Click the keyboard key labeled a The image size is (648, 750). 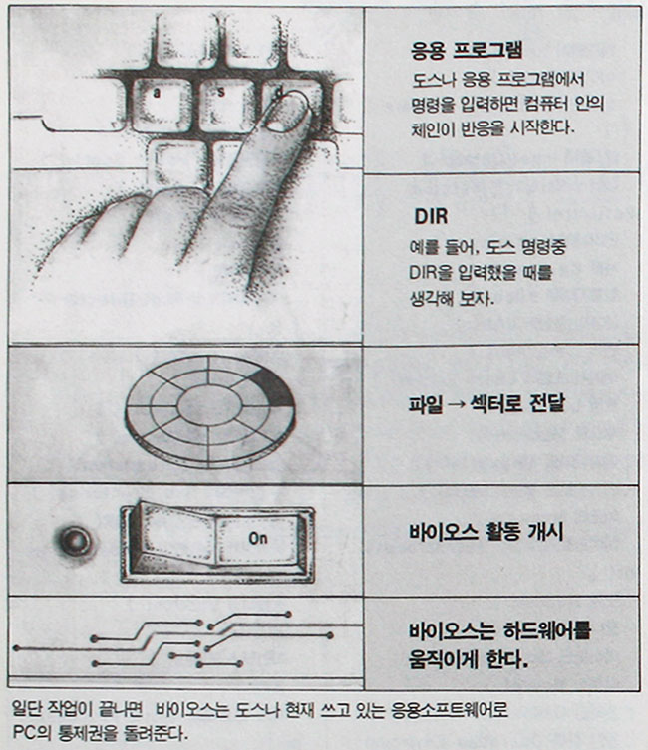tap(161, 97)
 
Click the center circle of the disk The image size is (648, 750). tap(208, 402)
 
